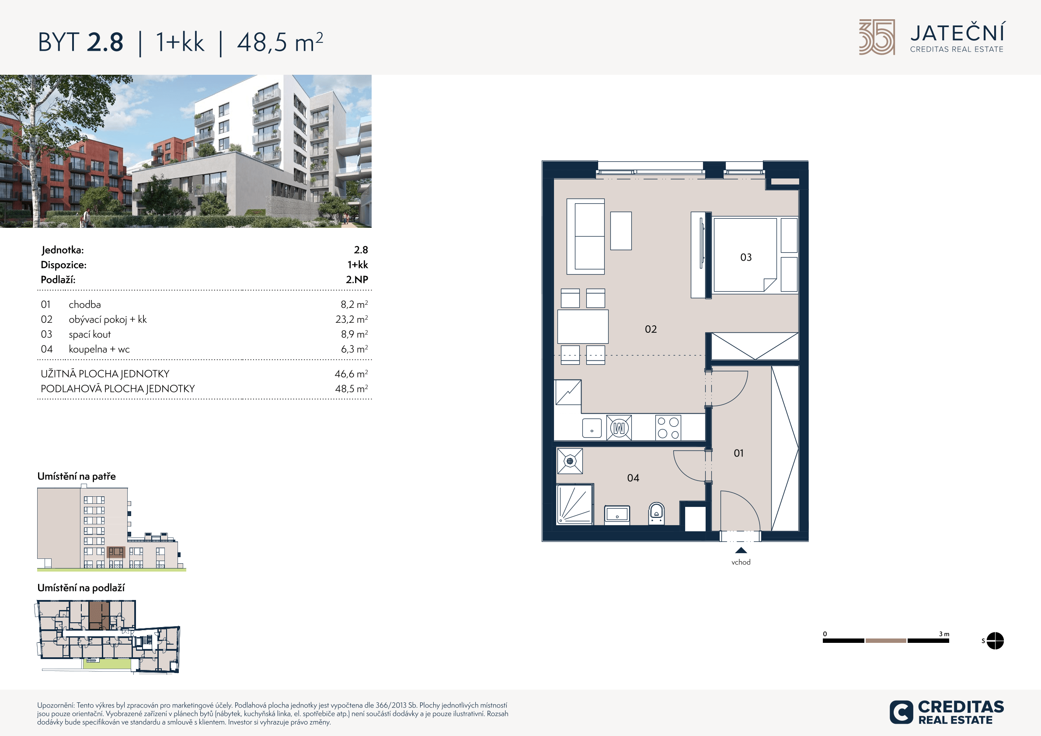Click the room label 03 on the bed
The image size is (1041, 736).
point(746,258)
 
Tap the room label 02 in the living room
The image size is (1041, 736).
point(651,329)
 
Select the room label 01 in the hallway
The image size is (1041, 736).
point(738,453)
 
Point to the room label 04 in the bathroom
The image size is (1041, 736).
point(633,478)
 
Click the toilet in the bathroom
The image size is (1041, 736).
point(657,513)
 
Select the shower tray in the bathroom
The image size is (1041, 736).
point(574,504)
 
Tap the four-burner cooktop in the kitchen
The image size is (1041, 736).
point(668,428)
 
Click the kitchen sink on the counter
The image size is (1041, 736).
point(592,428)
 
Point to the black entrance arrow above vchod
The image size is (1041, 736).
point(741,551)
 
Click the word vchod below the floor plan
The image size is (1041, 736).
point(741,562)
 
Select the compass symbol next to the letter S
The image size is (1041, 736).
point(995,641)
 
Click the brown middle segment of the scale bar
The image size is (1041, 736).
point(885,641)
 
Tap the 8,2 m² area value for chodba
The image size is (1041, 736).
point(354,304)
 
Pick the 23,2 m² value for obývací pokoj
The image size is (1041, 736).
point(352,319)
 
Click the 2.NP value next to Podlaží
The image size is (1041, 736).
point(357,280)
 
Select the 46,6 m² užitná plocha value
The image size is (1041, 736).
point(351,373)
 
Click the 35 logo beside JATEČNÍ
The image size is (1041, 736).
point(877,37)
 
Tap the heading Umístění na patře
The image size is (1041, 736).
point(77,477)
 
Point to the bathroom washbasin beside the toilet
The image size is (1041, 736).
point(617,515)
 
